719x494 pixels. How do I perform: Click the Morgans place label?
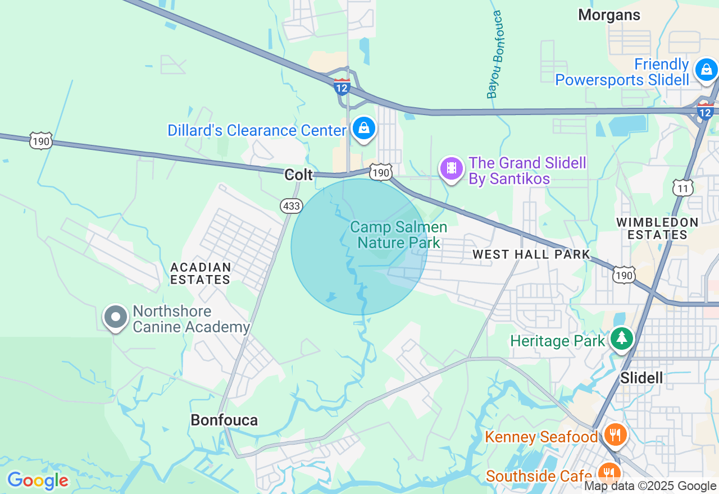coord(609,15)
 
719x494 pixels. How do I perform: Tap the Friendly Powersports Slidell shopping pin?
coord(707,70)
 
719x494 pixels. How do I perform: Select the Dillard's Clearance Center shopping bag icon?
coord(364,129)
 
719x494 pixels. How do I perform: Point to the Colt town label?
coord(299,175)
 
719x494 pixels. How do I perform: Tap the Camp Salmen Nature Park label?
coord(398,235)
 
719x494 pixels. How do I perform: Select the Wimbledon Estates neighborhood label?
coord(657,228)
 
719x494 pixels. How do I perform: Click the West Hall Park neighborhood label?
coord(531,254)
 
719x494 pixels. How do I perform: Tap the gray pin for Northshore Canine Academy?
coord(116,317)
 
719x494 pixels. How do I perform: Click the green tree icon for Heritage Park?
coord(621,339)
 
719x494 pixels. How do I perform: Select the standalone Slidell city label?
coord(641,378)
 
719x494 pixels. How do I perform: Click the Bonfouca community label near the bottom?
coord(224,420)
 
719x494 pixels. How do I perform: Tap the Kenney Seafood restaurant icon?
coord(616,434)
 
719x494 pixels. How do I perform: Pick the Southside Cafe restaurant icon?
coord(608,473)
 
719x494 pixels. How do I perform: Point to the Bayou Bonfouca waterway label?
coord(494,54)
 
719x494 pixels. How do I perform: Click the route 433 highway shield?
coord(291,206)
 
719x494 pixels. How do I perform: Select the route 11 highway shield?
coord(682,188)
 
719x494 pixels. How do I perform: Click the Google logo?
coord(38,481)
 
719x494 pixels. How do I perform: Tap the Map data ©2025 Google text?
coord(650,486)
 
